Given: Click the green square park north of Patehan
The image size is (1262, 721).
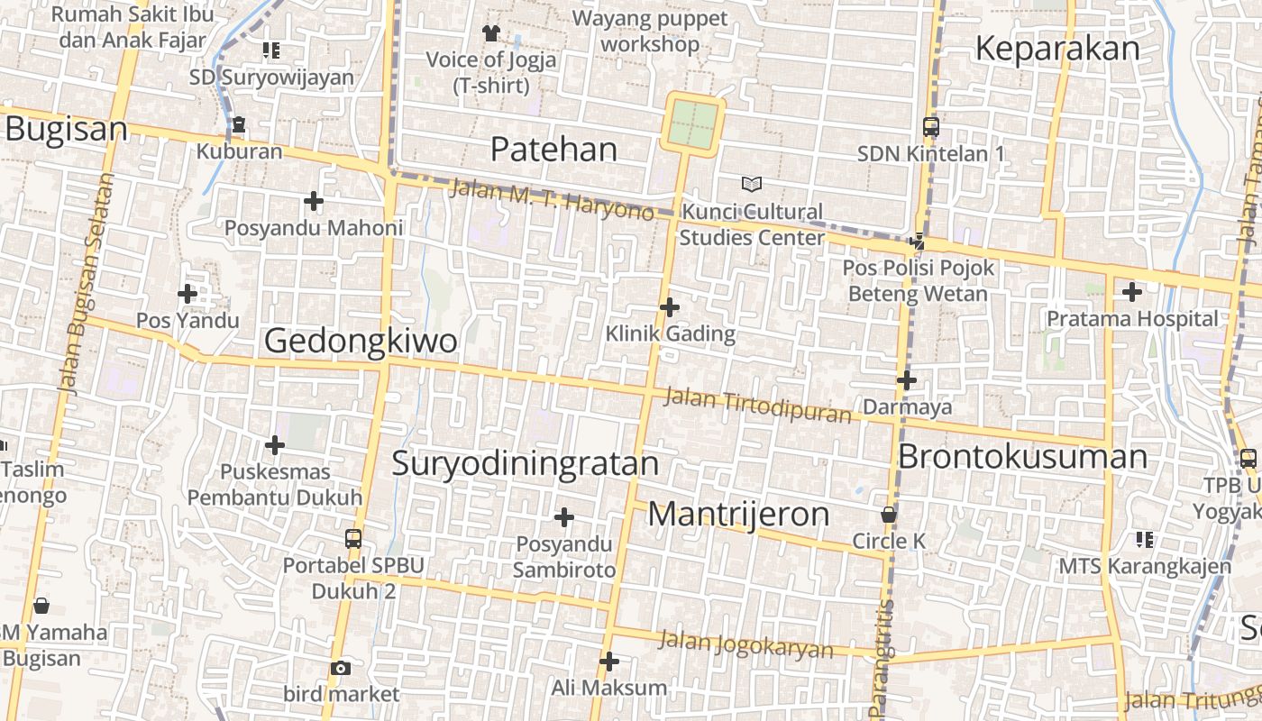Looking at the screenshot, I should click(x=693, y=124).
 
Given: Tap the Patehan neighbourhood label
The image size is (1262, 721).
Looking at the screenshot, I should click(x=553, y=150).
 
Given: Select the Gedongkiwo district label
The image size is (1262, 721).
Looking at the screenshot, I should click(x=361, y=341).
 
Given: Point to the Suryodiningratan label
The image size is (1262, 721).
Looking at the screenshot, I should click(x=526, y=463).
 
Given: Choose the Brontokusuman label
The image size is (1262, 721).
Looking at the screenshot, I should click(x=1022, y=456).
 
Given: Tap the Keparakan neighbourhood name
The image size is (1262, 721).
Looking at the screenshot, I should click(x=1057, y=49).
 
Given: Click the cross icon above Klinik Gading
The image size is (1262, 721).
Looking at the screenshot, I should click(x=669, y=307).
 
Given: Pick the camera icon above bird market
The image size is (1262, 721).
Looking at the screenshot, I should click(x=341, y=668).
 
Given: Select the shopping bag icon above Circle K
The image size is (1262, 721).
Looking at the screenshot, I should click(x=889, y=515).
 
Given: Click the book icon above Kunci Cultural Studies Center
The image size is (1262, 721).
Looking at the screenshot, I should click(x=752, y=184).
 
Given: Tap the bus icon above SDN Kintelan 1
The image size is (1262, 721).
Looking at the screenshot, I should click(x=931, y=127).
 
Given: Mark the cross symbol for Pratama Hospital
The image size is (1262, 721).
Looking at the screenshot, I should click(x=1131, y=292).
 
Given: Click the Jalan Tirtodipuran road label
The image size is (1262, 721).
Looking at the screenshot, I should click(x=757, y=405).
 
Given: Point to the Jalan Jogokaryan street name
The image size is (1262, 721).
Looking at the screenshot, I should click(x=745, y=644).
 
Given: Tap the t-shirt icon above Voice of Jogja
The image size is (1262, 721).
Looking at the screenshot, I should click(x=490, y=33).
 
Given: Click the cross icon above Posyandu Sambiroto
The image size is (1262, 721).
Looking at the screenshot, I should click(x=564, y=517).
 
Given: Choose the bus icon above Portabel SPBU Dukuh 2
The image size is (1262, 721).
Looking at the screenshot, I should click(x=353, y=539).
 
